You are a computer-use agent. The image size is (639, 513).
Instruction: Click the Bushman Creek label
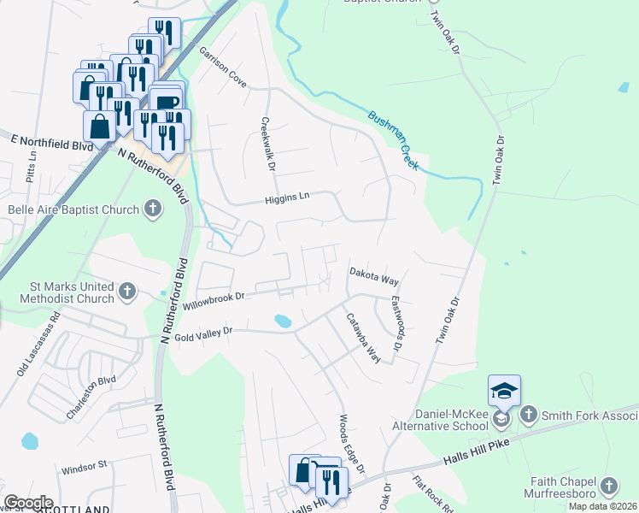(393, 139)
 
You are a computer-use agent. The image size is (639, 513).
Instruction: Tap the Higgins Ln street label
(285, 198)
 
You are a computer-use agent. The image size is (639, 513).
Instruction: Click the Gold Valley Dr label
(197, 333)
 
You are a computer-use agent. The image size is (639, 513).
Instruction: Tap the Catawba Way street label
(362, 338)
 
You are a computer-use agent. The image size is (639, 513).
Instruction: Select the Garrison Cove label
(223, 67)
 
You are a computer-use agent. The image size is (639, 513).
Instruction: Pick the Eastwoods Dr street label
(396, 326)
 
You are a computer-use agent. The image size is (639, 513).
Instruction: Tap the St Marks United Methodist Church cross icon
(126, 292)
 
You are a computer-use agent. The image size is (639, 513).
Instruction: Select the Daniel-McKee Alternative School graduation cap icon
(504, 391)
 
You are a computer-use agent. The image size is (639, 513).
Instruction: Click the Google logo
(28, 502)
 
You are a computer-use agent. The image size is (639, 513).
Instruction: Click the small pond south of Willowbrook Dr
(281, 321)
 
